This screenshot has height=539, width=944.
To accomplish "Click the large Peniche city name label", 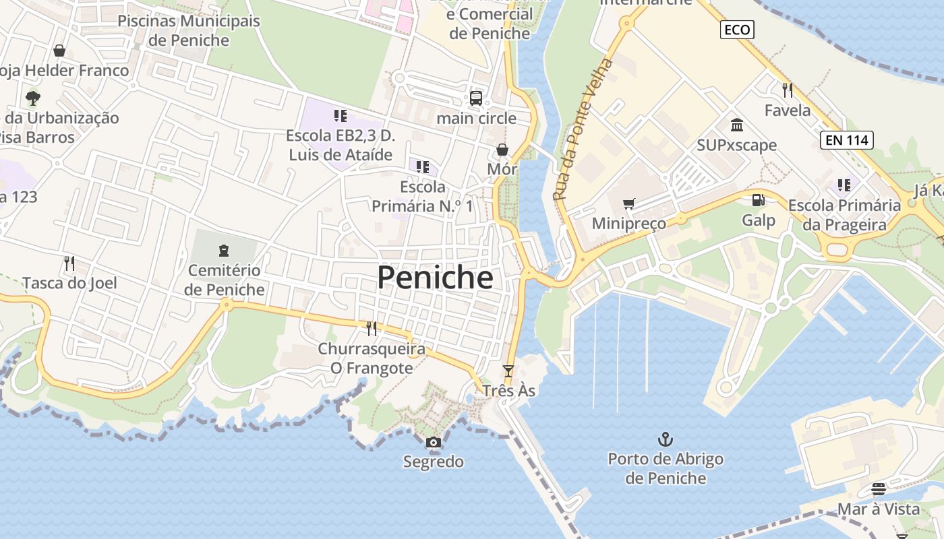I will pyautogui.click(x=435, y=277).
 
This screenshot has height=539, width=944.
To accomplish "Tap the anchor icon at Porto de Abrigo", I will pyautogui.click(x=666, y=440).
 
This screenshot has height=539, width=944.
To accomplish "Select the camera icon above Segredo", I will pyautogui.click(x=434, y=443).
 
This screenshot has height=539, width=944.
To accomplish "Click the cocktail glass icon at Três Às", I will pyautogui.click(x=508, y=371).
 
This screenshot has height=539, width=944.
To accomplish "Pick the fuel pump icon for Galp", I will pyautogui.click(x=759, y=200).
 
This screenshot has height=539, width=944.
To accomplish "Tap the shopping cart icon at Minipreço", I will pyautogui.click(x=628, y=203).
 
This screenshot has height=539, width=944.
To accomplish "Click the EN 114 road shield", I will pyautogui.click(x=847, y=140).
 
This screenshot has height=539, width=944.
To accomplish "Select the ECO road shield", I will pyautogui.click(x=737, y=30).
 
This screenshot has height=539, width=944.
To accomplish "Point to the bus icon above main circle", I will pyautogui.click(x=476, y=98).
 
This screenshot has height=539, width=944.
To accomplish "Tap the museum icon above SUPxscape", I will pyautogui.click(x=736, y=125).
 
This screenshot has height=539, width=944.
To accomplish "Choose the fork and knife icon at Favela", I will pyautogui.click(x=787, y=90).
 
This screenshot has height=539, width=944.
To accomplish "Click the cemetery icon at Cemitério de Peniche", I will pyautogui.click(x=224, y=251).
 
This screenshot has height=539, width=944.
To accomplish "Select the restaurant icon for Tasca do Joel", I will pyautogui.click(x=69, y=263).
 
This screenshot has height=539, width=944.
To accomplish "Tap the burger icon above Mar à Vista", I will pyautogui.click(x=879, y=489).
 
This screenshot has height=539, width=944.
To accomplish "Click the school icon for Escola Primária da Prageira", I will pyautogui.click(x=844, y=185).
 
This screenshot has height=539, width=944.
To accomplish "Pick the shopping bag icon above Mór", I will pyautogui.click(x=502, y=149).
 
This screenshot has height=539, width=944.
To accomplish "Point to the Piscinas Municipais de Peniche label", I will pyautogui.click(x=189, y=30).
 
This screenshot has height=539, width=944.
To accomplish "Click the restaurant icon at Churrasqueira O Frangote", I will pyautogui.click(x=372, y=329).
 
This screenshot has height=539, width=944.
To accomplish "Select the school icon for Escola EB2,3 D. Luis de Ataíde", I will pyautogui.click(x=341, y=116).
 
